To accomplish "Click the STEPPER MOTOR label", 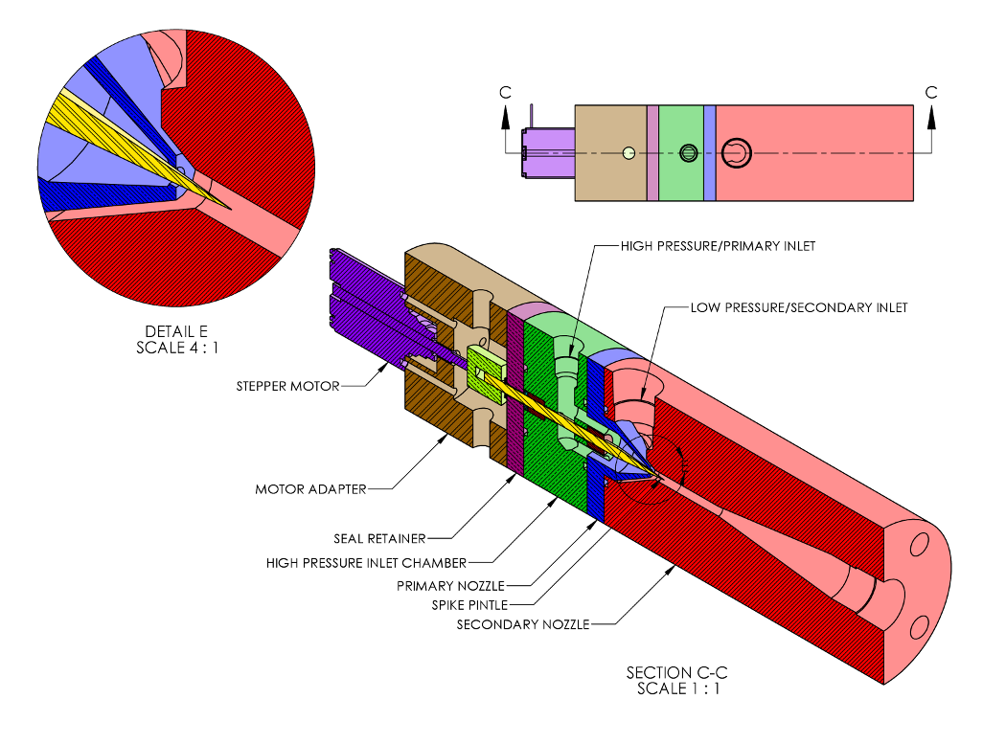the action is coord(287,386).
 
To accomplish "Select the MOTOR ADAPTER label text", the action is coord(310,489).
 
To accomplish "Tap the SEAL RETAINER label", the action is coord(379,538).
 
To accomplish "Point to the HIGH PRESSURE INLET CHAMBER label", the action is coord(366,563).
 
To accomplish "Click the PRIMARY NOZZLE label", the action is coord(450,586).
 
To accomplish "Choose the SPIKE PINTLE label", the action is coord(469,605).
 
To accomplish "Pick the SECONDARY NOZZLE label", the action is coord(523,625).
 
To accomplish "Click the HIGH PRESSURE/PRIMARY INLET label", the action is coord(718,246).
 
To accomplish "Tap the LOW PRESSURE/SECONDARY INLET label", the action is coord(799,307).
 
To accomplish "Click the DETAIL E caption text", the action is coord(176,331).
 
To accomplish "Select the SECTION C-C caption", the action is coord(677,672).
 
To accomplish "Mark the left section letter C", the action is coord(505,93).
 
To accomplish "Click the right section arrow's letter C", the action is coord(931,93).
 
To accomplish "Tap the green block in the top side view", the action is coord(681,153).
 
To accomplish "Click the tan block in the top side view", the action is coord(610,153).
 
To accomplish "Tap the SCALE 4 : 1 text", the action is coord(177,348).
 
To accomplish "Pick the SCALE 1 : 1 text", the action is coord(678,688).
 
